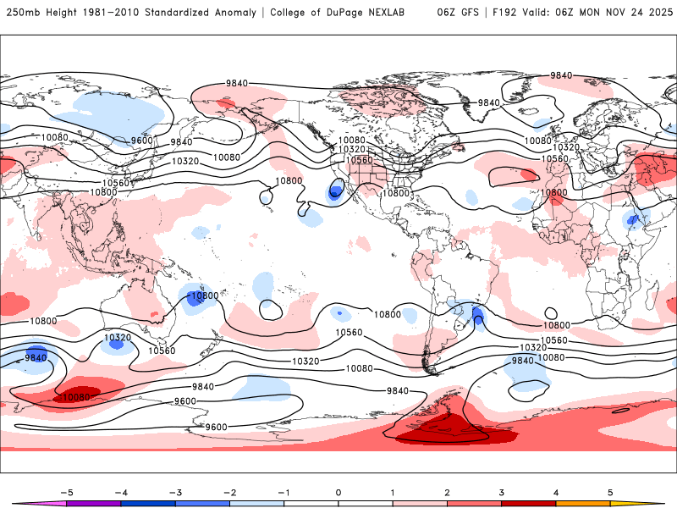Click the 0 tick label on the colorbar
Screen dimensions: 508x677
coord(338,491)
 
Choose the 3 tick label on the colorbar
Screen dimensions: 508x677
coord(501,491)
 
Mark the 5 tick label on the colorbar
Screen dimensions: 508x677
coord(609,491)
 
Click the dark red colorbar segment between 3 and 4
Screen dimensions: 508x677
coord(528,503)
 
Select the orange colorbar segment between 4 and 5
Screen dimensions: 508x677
coord(582,503)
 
